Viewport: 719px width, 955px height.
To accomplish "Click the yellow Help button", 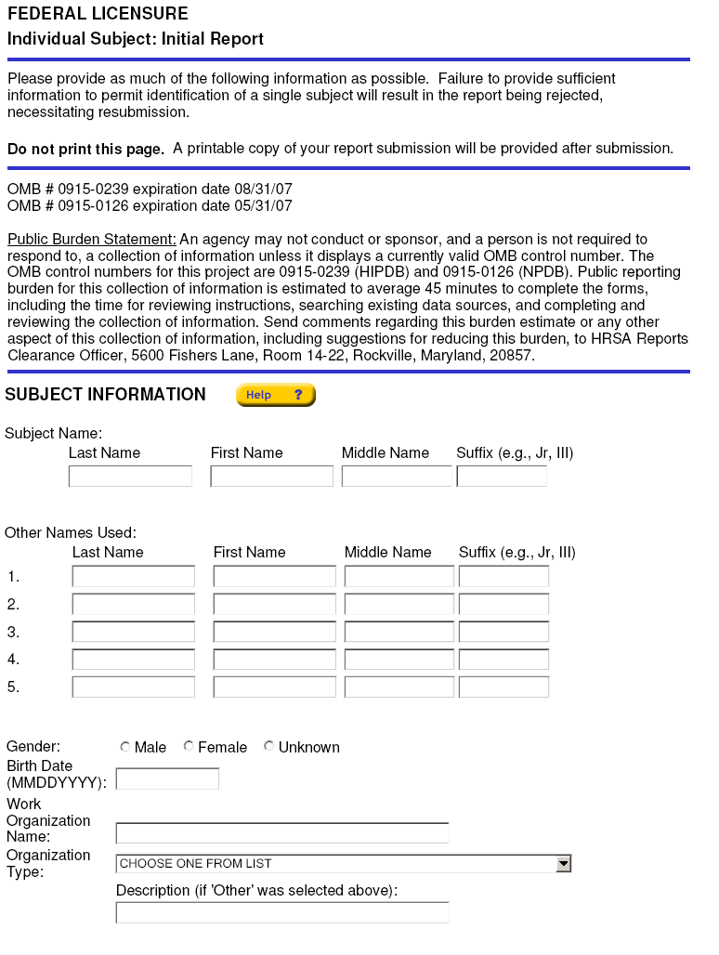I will (x=276, y=395).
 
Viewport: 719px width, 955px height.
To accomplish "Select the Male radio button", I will (x=125, y=746).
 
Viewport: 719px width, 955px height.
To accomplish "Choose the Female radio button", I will (x=189, y=746).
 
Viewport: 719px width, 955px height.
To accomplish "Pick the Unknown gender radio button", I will (x=269, y=746).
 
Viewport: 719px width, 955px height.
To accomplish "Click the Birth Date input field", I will (x=167, y=778).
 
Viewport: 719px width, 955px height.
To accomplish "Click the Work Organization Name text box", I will (x=281, y=832).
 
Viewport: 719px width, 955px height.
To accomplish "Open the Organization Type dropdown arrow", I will (x=563, y=864).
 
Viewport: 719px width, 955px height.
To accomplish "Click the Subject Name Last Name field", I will (x=130, y=477).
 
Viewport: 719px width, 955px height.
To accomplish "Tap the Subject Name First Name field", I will (x=271, y=477).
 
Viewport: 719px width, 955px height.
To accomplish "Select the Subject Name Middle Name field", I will (x=397, y=477).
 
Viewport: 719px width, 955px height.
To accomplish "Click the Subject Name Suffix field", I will (x=502, y=477).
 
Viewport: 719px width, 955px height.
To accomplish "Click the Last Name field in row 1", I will (x=134, y=577).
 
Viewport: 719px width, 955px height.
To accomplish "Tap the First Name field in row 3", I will (x=274, y=633).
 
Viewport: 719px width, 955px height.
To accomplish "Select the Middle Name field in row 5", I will (x=399, y=687).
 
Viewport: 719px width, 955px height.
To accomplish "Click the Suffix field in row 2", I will (x=503, y=605).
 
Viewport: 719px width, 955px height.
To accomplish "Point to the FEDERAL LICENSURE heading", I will (x=98, y=14).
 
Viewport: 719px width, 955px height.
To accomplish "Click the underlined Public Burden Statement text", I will (x=92, y=240).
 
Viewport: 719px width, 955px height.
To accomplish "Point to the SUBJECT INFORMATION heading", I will (x=105, y=395).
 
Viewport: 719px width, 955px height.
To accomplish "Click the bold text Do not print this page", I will (x=85, y=149).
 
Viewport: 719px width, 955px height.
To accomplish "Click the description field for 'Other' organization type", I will (x=281, y=913).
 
